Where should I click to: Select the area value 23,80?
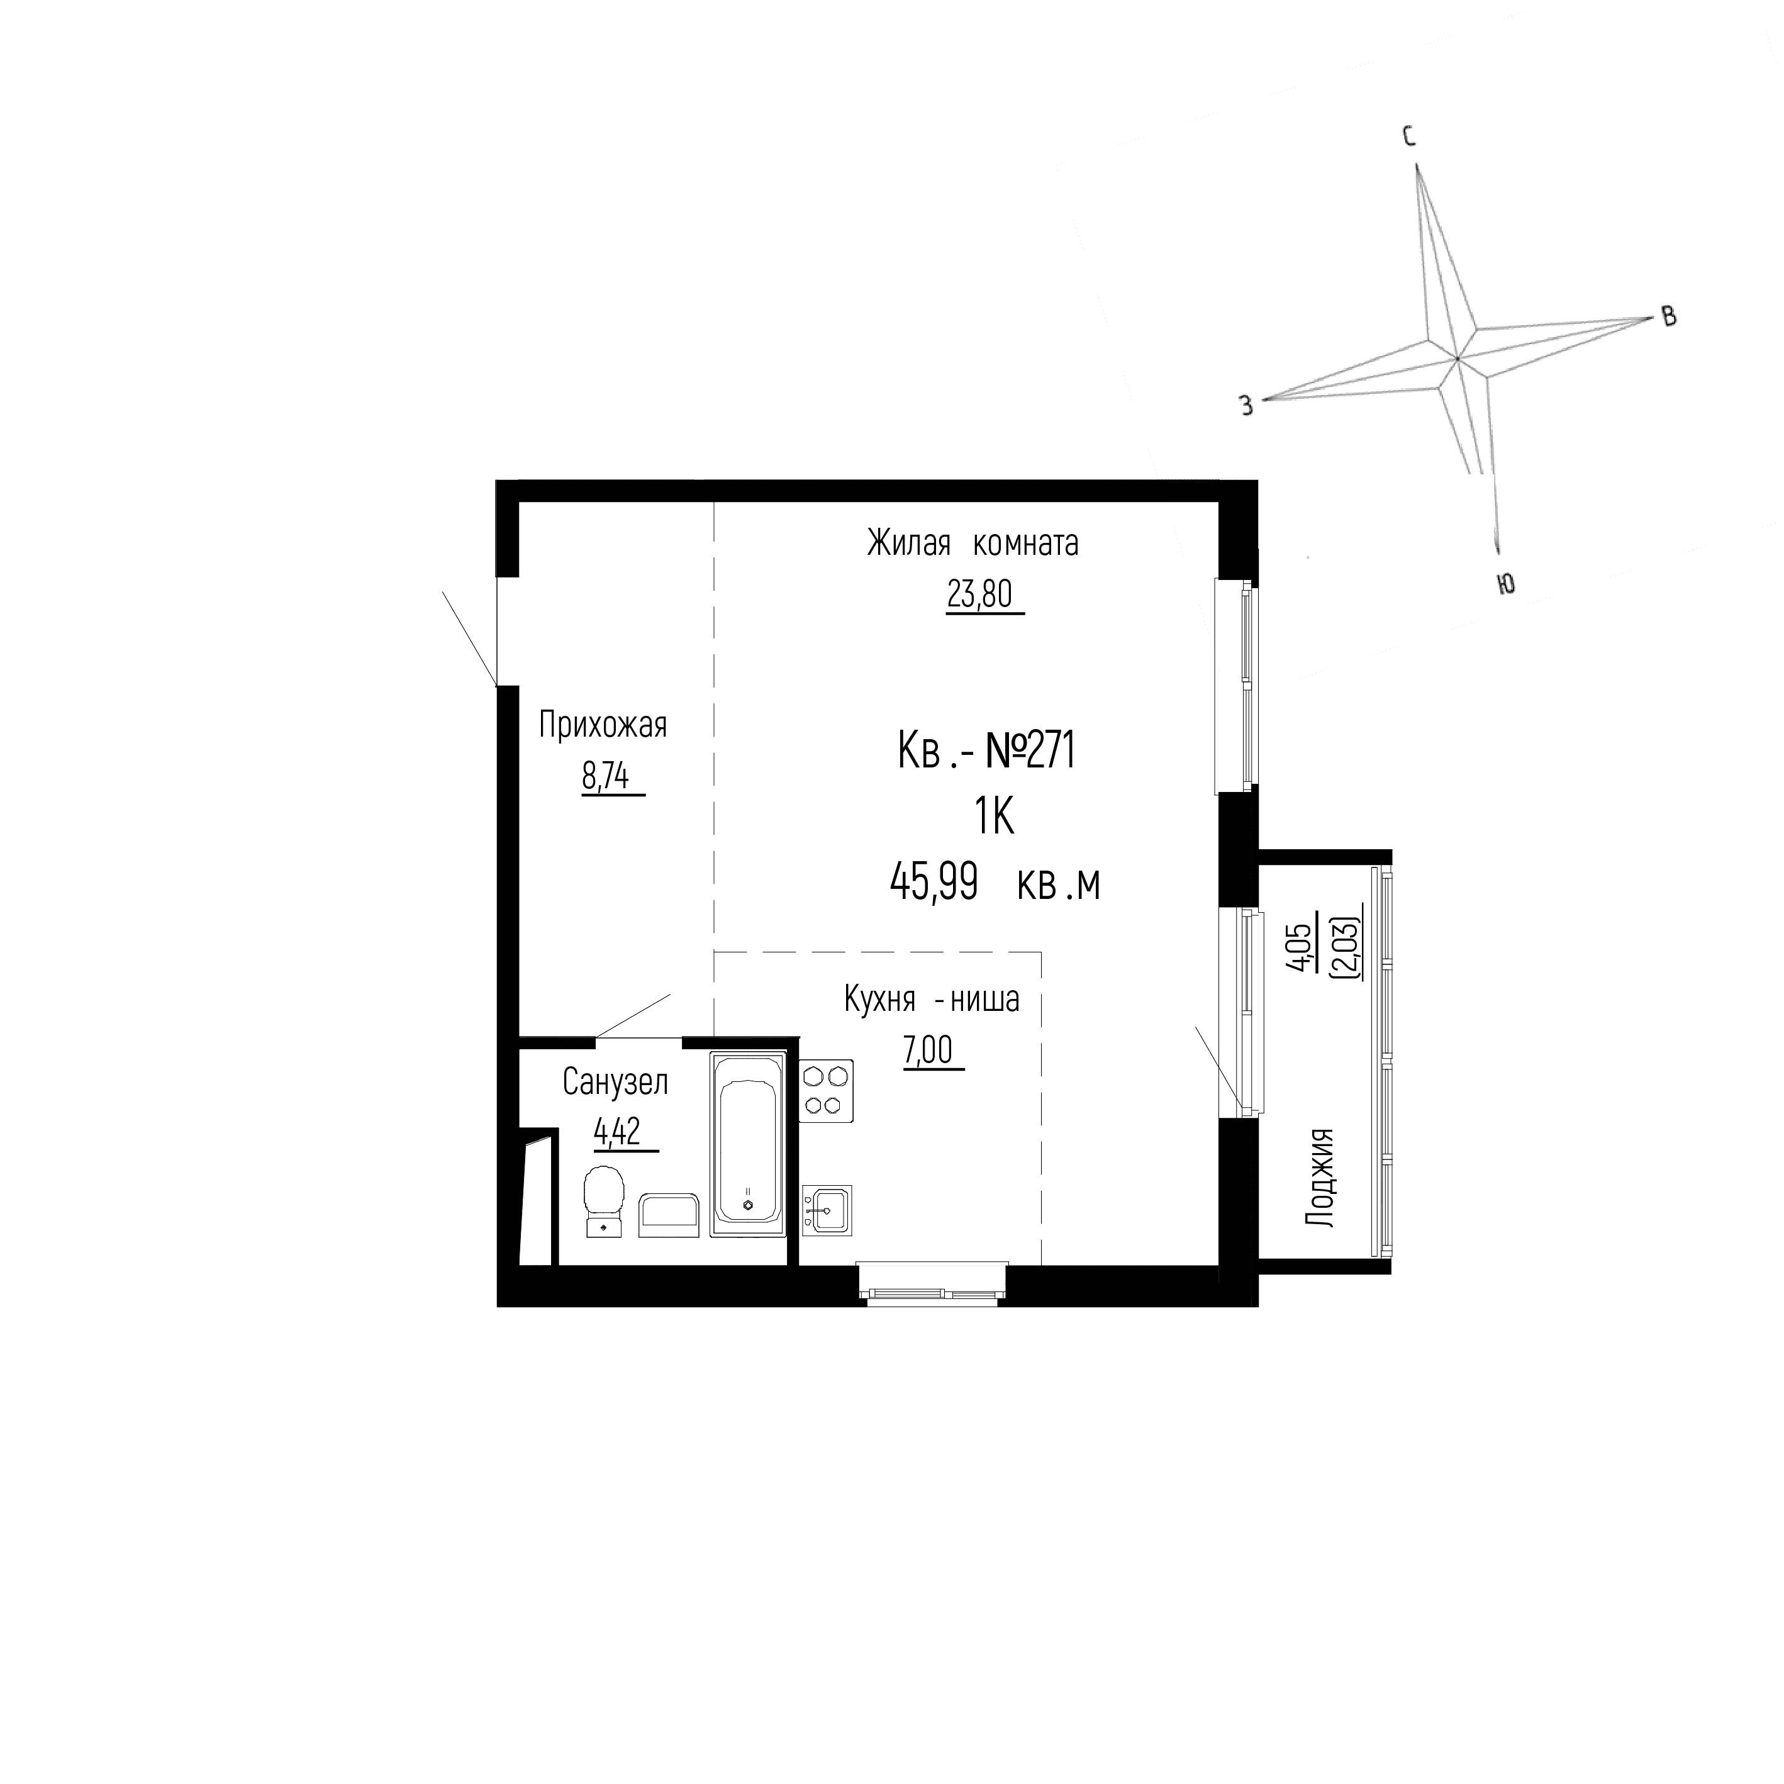coord(979,594)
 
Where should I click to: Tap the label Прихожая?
coord(602,726)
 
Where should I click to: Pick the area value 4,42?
coord(618,1132)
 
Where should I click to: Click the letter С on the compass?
coord(1410,138)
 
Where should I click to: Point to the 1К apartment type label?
coord(993,817)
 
